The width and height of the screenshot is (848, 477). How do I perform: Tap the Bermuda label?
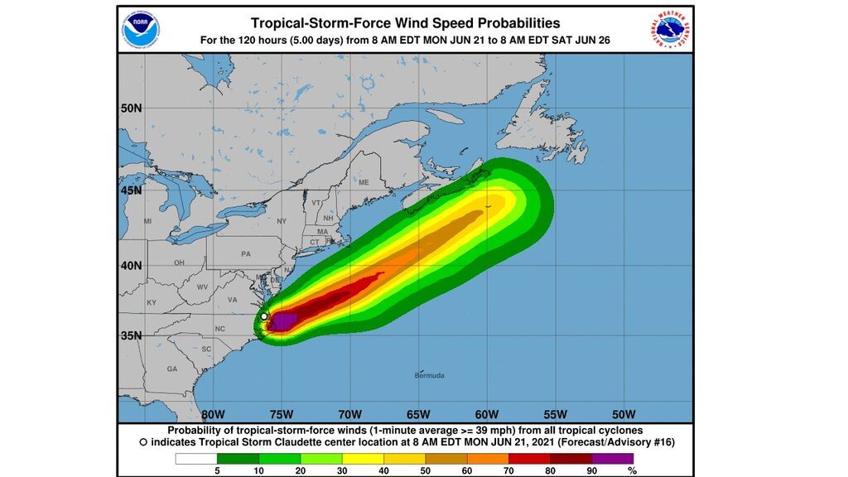coord(429,375)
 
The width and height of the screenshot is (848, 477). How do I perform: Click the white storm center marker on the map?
coord(264,316)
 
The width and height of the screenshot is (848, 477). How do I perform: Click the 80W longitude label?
coord(213,414)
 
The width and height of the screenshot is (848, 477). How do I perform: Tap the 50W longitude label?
coord(623,414)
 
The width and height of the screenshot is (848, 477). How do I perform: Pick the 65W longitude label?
coord(418,414)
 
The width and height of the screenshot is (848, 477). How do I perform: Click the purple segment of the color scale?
coord(613,458)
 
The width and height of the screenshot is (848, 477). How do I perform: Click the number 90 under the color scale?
coord(592,470)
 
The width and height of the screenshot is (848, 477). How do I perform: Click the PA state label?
coord(245,253)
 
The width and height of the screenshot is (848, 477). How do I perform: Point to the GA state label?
coord(171,369)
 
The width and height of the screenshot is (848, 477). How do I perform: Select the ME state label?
coord(363,182)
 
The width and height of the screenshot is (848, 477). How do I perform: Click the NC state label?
coord(219,329)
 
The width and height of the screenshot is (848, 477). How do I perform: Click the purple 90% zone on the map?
coord(283,320)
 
